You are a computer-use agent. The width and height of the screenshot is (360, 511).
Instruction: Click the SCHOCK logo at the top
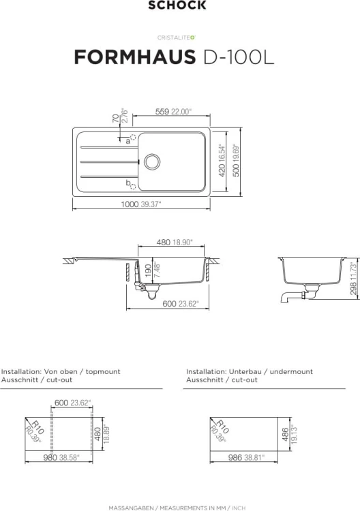click(177, 5)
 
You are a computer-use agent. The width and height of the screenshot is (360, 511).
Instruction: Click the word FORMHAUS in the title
click(135, 57)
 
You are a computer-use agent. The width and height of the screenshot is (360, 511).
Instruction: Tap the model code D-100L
click(239, 57)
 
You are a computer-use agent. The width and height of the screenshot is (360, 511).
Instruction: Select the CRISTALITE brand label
click(177, 37)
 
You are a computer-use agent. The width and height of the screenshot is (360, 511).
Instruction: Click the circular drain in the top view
click(152, 161)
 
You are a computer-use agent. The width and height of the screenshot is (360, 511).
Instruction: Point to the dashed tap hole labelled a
click(133, 137)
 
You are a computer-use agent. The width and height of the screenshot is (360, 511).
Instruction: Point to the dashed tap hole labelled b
click(133, 187)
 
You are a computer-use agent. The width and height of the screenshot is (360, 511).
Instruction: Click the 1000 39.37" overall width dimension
click(141, 204)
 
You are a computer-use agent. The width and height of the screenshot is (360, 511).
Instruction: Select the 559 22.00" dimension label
click(173, 112)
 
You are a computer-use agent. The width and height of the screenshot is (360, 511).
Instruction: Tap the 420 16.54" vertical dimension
click(222, 160)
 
